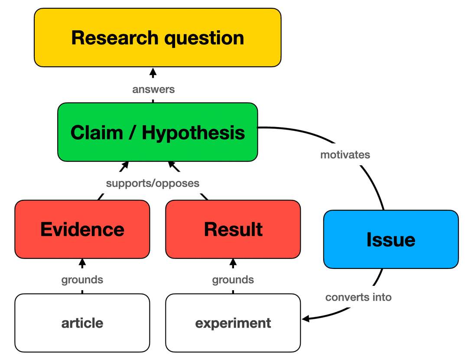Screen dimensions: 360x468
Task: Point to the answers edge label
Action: click(x=153, y=90)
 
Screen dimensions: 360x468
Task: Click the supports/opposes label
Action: click(x=153, y=183)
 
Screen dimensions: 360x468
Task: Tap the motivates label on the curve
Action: click(x=345, y=155)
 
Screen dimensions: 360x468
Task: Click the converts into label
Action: click(x=358, y=298)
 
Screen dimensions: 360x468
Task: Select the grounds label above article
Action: click(x=82, y=280)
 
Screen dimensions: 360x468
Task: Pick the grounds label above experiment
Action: click(x=233, y=280)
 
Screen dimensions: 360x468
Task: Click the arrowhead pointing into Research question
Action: click(x=153, y=72)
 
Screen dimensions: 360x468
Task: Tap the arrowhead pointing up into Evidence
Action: click(x=82, y=262)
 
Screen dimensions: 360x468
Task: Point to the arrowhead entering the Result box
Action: click(x=233, y=262)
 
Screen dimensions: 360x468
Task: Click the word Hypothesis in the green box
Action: click(x=193, y=132)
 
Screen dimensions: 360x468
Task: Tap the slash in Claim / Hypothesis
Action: click(x=130, y=132)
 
